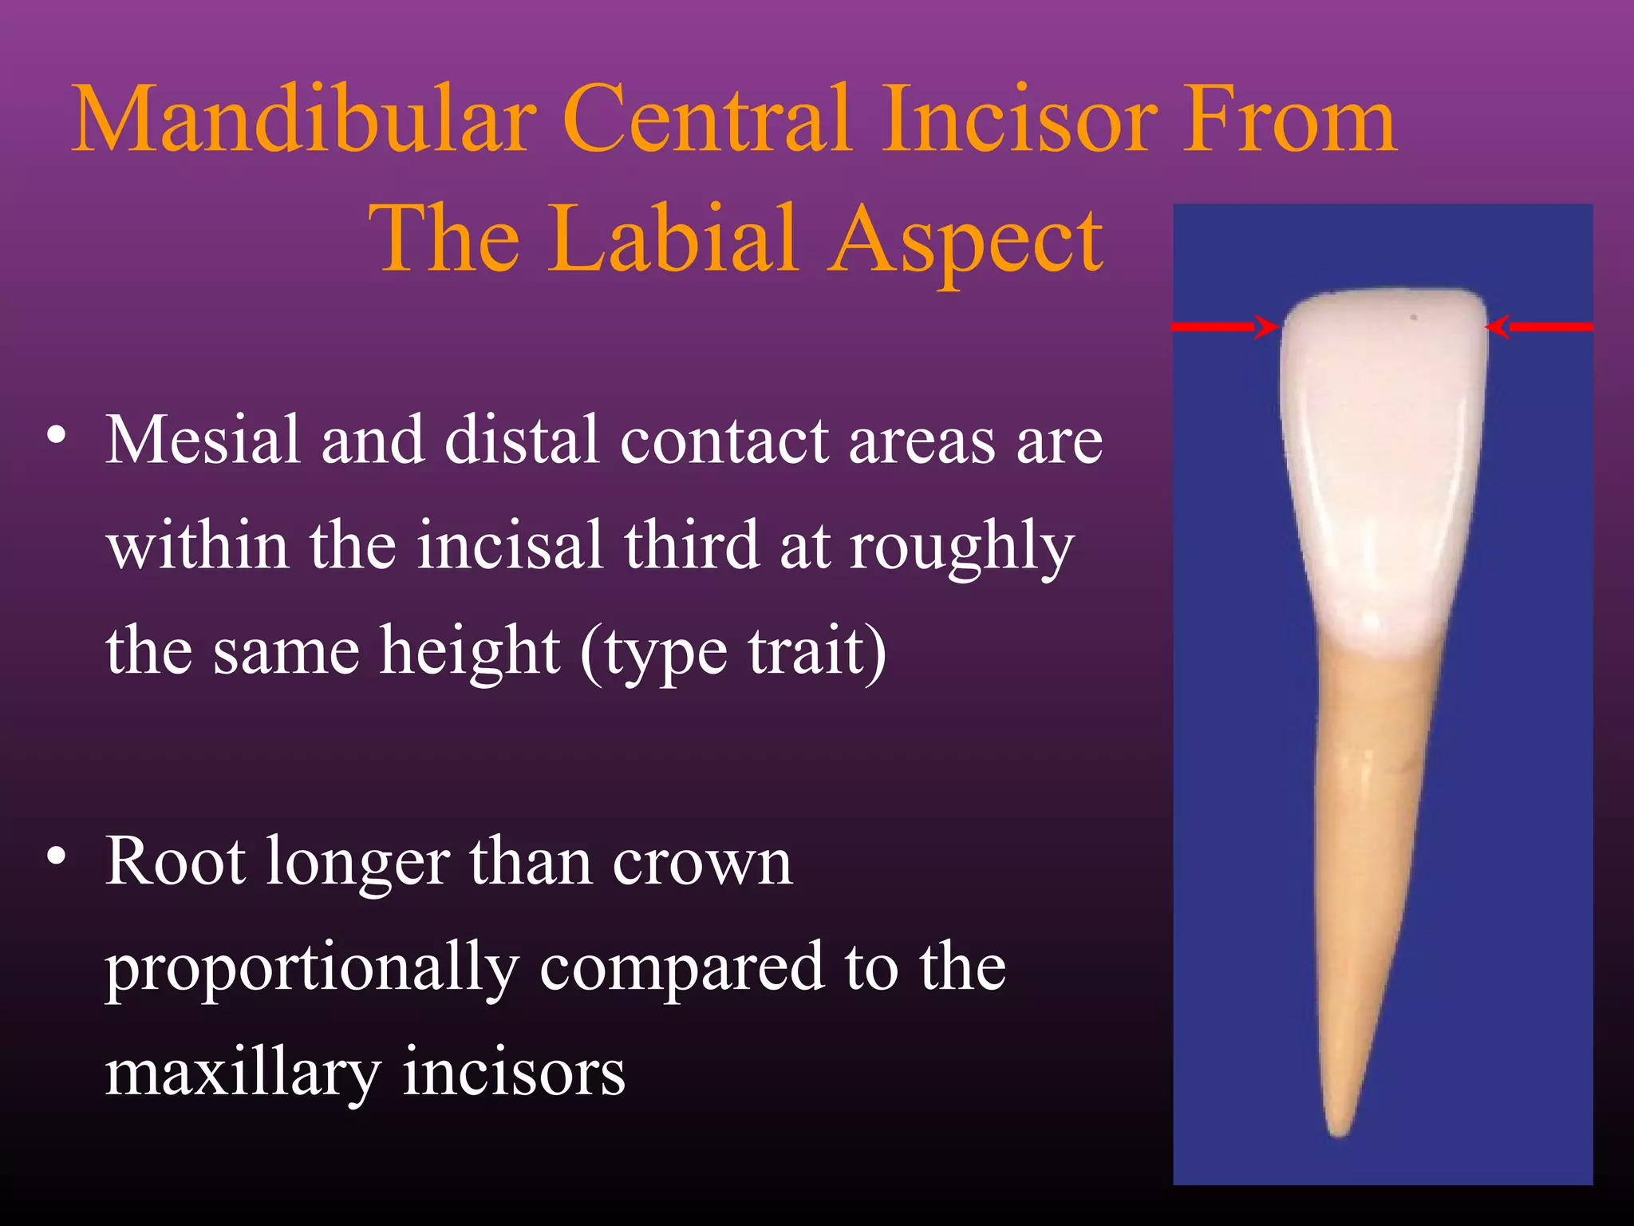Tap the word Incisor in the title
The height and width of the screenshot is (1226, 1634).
pyautogui.click(x=1017, y=120)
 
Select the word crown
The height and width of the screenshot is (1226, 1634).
pyautogui.click(x=702, y=864)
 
